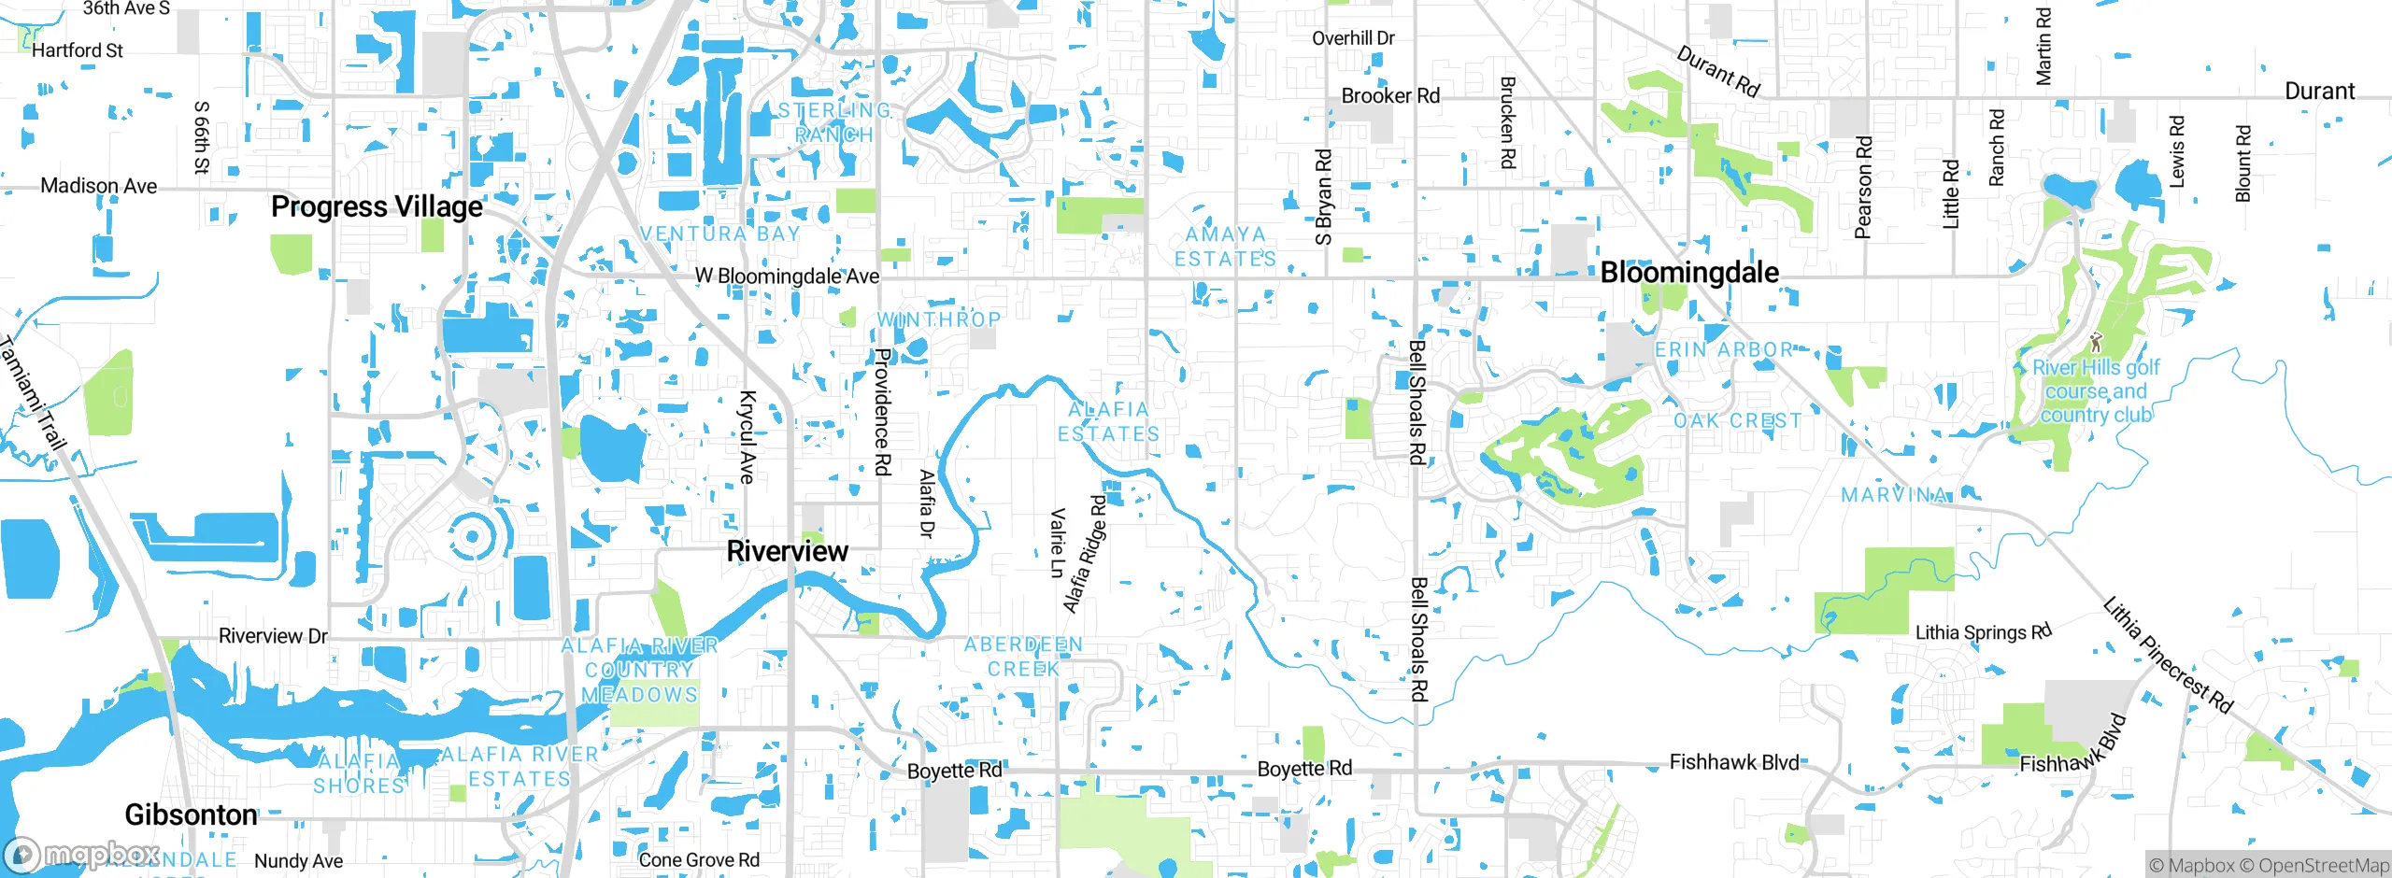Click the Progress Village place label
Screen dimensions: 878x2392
click(377, 206)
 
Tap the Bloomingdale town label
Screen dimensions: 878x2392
click(1689, 273)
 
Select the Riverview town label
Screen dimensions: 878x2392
click(787, 551)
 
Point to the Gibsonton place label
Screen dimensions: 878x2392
click(191, 814)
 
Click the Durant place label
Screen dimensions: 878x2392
click(2319, 92)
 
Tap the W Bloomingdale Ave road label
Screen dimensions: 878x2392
click(787, 276)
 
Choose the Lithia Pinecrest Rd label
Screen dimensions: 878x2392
click(2167, 656)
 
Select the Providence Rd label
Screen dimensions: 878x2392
click(881, 411)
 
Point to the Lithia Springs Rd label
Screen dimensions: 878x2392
click(1983, 632)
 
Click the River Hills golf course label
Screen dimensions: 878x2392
click(2096, 391)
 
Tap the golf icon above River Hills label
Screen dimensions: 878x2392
click(2096, 342)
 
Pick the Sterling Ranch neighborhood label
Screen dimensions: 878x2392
click(834, 122)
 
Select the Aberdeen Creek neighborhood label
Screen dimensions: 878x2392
click(1023, 657)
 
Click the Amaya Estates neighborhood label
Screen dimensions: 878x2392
click(1225, 247)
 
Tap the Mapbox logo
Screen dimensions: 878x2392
click(79, 854)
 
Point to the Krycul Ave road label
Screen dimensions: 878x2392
click(747, 437)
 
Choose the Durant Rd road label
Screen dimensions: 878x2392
click(1717, 71)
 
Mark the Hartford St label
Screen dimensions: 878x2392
click(78, 50)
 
